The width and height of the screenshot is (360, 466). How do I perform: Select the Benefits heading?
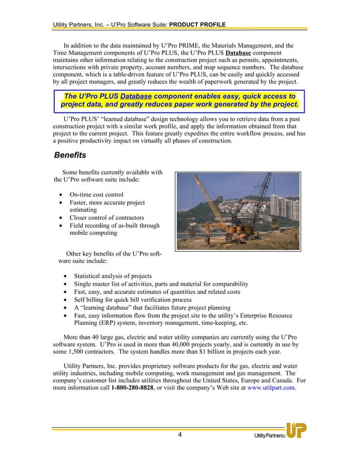(69, 155)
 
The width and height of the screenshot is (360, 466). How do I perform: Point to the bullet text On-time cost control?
(96, 195)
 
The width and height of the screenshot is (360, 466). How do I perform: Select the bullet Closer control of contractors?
(107, 218)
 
